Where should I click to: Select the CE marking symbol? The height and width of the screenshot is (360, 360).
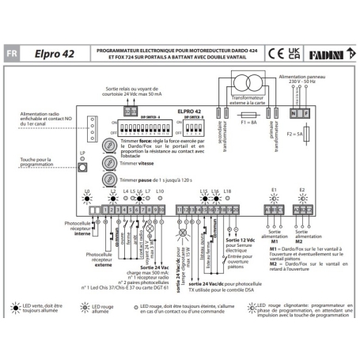275,54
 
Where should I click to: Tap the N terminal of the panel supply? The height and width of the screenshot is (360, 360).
293,112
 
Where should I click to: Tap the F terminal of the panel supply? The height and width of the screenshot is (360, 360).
305,112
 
